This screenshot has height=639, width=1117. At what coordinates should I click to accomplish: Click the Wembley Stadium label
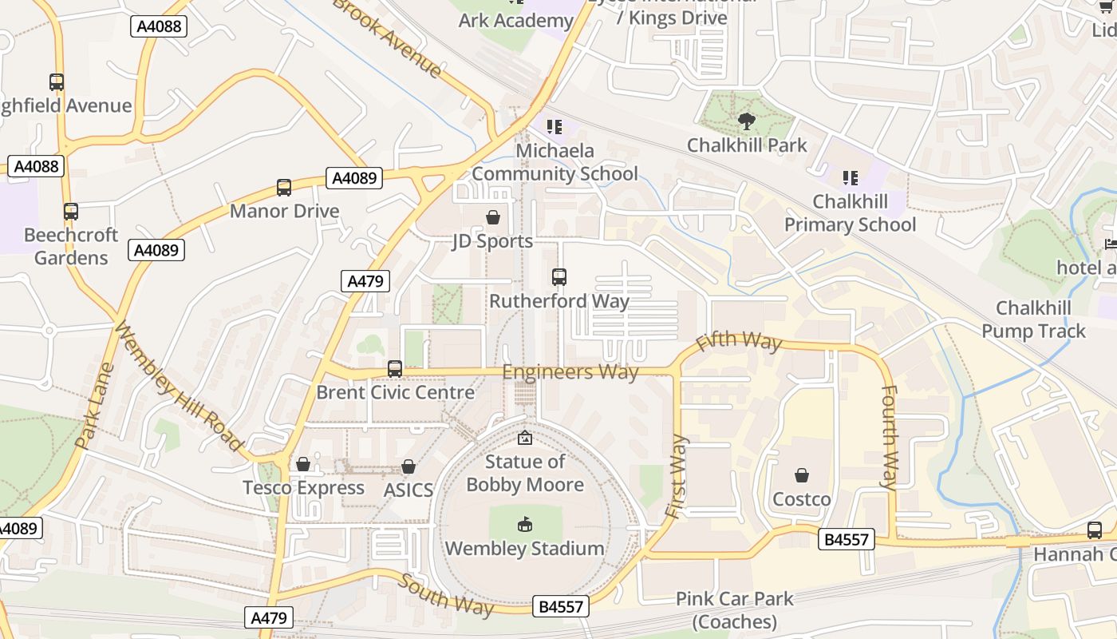pyautogui.click(x=524, y=549)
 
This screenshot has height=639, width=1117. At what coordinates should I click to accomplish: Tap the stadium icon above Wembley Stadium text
pyautogui.click(x=524, y=525)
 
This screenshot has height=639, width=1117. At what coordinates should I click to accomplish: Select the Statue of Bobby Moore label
pyautogui.click(x=525, y=473)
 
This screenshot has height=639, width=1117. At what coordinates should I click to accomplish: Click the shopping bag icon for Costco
pyautogui.click(x=802, y=475)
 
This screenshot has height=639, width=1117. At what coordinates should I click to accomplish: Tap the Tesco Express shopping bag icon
pyautogui.click(x=303, y=464)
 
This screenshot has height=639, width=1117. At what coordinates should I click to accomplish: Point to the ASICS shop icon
pyautogui.click(x=409, y=466)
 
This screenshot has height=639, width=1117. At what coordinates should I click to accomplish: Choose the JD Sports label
pyautogui.click(x=492, y=241)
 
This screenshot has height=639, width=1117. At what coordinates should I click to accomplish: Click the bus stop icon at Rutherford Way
pyautogui.click(x=559, y=277)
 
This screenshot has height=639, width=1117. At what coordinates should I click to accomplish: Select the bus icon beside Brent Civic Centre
pyautogui.click(x=395, y=369)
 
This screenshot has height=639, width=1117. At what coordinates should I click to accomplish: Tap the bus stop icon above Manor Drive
pyautogui.click(x=284, y=188)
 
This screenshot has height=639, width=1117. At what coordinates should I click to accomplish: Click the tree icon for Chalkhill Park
pyautogui.click(x=747, y=121)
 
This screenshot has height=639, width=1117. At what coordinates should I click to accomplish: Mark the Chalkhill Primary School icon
pyautogui.click(x=851, y=177)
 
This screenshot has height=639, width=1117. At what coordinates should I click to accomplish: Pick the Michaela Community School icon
pyautogui.click(x=555, y=126)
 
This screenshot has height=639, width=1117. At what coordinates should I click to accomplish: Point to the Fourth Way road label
pyautogui.click(x=889, y=437)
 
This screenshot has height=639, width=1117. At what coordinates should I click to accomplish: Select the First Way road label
pyautogui.click(x=676, y=476)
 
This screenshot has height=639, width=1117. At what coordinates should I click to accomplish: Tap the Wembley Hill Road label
pyautogui.click(x=178, y=387)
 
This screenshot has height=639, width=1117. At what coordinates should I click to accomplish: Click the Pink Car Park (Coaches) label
pyautogui.click(x=735, y=610)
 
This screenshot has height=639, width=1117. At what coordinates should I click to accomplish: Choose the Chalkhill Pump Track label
pyautogui.click(x=1033, y=319)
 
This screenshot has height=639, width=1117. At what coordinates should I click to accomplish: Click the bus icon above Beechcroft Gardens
pyautogui.click(x=71, y=212)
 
